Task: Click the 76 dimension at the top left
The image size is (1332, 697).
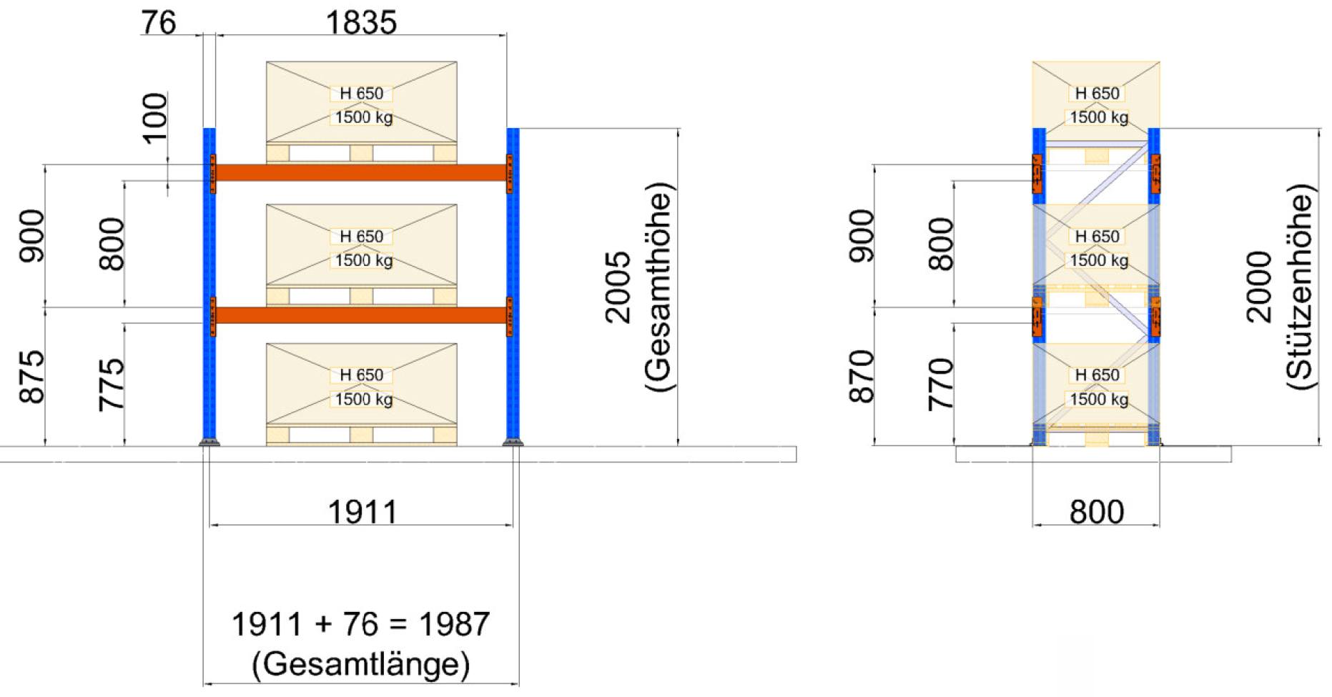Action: [x=158, y=23]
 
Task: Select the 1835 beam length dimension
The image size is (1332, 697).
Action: [x=360, y=23]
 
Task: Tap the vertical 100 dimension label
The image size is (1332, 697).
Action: [x=155, y=118]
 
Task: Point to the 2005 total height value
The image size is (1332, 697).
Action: [x=618, y=287]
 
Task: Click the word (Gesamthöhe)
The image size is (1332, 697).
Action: [x=658, y=287]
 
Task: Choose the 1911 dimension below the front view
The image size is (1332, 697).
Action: [x=362, y=512]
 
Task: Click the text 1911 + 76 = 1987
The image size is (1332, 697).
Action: [x=360, y=624]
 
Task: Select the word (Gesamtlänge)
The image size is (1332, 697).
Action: [x=360, y=664]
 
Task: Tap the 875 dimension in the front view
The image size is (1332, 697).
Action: [x=31, y=377]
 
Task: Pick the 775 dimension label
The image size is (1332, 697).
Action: [x=112, y=385]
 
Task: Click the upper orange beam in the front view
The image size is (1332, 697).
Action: [x=360, y=172]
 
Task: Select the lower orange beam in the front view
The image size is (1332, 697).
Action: [x=360, y=315]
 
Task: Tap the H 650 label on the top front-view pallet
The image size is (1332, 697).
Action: [x=361, y=94]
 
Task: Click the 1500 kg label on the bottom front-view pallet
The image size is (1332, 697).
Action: [x=364, y=399]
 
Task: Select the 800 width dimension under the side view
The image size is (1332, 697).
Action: [x=1096, y=512]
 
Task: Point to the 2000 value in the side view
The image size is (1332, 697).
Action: [x=1259, y=287]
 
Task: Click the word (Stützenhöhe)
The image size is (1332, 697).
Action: [x=1300, y=287]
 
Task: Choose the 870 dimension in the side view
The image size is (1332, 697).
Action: [x=862, y=377]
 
